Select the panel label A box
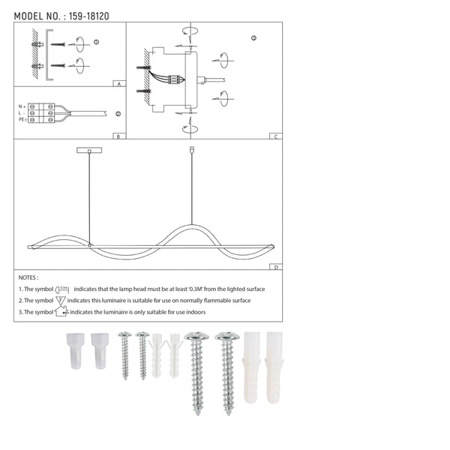(x=118, y=85)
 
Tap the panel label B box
(x=118, y=136)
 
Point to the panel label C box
(x=276, y=136)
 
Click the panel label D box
(x=276, y=267)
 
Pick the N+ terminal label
(x=22, y=106)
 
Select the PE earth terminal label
(x=22, y=119)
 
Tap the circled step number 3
(x=253, y=37)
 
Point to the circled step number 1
(x=96, y=41)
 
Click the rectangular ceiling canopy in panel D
(x=90, y=151)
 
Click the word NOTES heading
(x=28, y=277)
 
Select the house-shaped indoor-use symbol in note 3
(x=61, y=310)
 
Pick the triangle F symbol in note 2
(x=61, y=299)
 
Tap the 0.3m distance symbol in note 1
(x=62, y=289)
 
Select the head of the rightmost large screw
(x=227, y=337)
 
